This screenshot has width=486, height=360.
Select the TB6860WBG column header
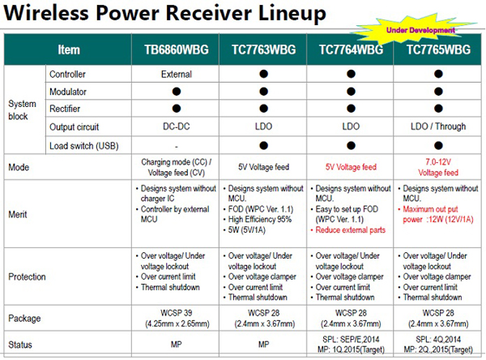[177, 49]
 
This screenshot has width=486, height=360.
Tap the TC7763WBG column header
[264, 49]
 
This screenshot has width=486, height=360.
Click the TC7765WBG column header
[438, 49]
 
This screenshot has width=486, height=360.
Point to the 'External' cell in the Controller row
[177, 74]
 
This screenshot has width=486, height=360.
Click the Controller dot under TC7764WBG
[351, 74]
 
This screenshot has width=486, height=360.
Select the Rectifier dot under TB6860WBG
[177, 109]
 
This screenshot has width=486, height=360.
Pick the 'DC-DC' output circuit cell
[177, 126]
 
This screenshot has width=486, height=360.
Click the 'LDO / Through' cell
[438, 126]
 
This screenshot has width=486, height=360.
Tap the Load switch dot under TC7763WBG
[264, 146]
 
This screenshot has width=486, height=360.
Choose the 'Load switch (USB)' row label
[84, 146]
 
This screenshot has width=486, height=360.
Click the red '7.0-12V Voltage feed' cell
[438, 167]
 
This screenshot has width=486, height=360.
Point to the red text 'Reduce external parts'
[350, 230]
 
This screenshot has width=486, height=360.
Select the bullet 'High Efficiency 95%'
[260, 220]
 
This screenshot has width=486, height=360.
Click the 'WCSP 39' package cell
[177, 313]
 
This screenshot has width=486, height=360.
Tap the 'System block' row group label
[22, 109]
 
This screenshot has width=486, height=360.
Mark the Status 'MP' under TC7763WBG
[264, 344]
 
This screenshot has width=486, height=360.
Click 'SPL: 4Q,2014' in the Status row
[438, 339]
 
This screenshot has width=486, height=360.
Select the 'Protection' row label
[27, 276]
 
